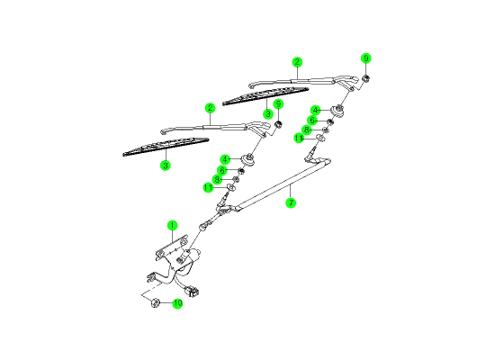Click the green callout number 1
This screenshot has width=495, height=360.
(173, 226)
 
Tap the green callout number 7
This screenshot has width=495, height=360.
(291, 202)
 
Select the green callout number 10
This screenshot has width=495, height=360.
(177, 303)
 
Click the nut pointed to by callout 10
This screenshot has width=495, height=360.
(155, 302)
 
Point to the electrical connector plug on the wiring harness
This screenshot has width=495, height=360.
(192, 291)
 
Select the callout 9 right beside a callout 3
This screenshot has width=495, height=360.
(278, 103)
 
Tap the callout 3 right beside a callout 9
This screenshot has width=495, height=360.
(268, 113)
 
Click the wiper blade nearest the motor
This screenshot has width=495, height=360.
(166, 147)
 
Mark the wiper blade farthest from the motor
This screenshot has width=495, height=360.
(265, 95)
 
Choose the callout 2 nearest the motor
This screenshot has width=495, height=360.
(210, 108)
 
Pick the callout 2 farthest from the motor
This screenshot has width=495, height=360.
(297, 62)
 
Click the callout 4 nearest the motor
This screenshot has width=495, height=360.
(225, 159)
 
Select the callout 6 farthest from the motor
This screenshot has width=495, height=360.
(312, 121)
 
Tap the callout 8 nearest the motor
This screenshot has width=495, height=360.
(217, 180)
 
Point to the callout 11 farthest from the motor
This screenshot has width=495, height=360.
(299, 138)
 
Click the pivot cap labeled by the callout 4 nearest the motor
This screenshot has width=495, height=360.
(247, 158)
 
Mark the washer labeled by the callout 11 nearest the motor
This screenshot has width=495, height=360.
(231, 187)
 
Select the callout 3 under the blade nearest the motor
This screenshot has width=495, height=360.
(166, 165)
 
